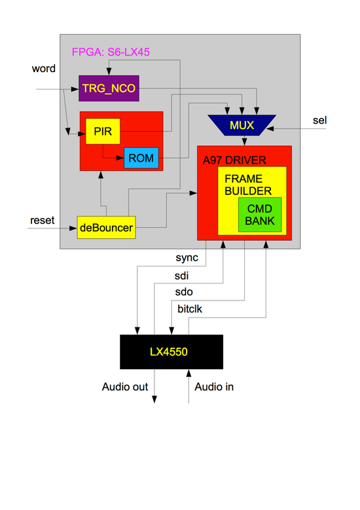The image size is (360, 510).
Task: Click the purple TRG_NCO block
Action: coord(109,88)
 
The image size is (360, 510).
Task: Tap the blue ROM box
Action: coord(141,158)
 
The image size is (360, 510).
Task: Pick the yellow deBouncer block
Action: coord(106,228)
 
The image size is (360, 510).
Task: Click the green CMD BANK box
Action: coord(259,214)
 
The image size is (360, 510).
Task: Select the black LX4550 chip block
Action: coord(171,352)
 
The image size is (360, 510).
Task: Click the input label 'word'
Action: coord(44,69)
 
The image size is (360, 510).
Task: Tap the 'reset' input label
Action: coord(43,220)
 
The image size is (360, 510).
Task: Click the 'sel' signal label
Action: coord(319,120)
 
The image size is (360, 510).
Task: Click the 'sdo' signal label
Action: coord(185,291)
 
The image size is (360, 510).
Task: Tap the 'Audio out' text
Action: coord(125,387)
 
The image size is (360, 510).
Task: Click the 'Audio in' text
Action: coord(214,387)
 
